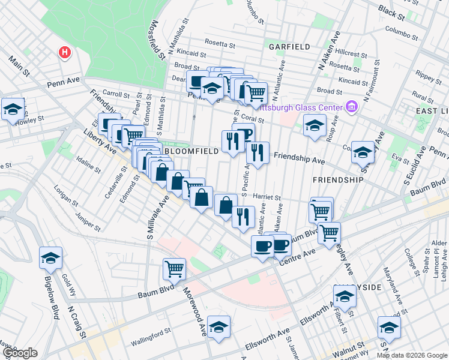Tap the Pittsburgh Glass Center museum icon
[x=352, y=107]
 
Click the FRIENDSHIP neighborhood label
[x=338, y=179]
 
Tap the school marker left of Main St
[x=12, y=109]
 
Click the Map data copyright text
[x=412, y=355]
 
